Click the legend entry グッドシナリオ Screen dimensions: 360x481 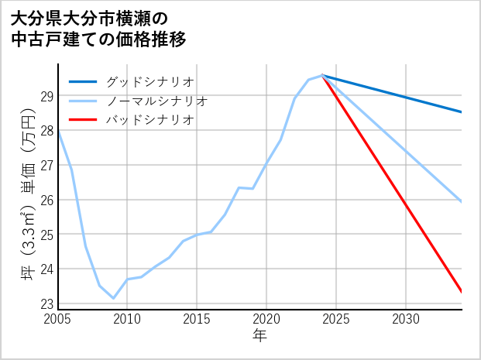coord(150,81)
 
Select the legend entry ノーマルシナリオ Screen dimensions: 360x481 coord(157,101)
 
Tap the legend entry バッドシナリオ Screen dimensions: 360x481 coord(150,120)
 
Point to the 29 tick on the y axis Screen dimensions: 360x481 coord(46,96)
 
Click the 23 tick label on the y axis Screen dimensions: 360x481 coord(46,303)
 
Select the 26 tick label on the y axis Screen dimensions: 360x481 coord(46,200)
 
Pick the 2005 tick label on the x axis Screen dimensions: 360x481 coord(58,319)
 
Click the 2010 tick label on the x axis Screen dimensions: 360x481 coord(127,319)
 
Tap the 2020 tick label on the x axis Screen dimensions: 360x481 coord(266,319)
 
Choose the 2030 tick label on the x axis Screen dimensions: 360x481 coord(406,319)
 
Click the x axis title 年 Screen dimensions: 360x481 coord(259,336)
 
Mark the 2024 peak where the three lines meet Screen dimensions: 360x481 coord(322,75)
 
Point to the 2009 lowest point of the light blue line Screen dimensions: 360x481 coord(113,298)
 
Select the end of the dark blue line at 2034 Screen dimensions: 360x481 coord(461,112)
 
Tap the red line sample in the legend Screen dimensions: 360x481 coord(83,120)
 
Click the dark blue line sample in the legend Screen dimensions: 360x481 coord(83,81)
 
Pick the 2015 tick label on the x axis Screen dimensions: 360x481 coord(197,319)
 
